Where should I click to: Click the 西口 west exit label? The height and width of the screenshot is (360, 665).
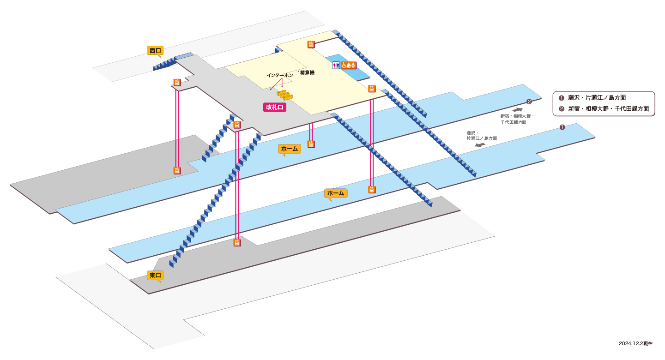[155, 50]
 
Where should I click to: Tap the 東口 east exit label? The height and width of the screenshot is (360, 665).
[155, 276]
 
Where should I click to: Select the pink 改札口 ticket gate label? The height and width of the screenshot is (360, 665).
[275, 107]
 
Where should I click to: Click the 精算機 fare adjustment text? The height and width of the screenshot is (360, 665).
[307, 72]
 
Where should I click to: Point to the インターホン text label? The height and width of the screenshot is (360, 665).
[280, 75]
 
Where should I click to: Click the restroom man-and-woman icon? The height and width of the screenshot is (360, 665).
[336, 65]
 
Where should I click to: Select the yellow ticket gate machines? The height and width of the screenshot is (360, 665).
[284, 95]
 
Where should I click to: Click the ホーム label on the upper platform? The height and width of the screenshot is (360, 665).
[290, 149]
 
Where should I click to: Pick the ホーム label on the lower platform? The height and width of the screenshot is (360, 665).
[335, 193]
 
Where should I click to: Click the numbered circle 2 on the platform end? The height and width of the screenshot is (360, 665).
[529, 102]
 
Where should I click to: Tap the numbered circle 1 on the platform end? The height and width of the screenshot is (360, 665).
[562, 127]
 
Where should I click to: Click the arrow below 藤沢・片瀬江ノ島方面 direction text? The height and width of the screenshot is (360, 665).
[480, 145]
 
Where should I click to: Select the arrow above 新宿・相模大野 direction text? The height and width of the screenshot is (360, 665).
[517, 110]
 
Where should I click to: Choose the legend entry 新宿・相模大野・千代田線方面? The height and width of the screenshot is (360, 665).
[604, 109]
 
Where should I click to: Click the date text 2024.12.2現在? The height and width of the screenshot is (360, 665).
[635, 343]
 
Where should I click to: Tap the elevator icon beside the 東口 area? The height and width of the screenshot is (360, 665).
[237, 242]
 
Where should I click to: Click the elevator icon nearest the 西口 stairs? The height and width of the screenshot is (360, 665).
[177, 82]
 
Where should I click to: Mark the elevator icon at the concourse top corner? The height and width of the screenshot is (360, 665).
[311, 44]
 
